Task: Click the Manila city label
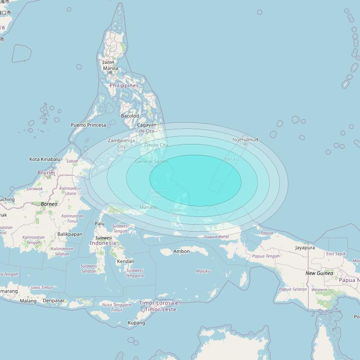coord(110,68)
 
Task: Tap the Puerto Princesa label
coord(88,125)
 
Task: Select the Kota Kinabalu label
coord(45,159)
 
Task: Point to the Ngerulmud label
coord(245,140)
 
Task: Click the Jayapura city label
coord(305,248)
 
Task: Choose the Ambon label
coord(181,251)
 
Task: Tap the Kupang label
coord(136,323)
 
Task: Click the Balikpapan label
coord(70,234)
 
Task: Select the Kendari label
coord(125,261)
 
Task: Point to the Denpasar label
coord(54,301)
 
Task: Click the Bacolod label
coord(130,116)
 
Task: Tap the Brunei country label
coord(46,173)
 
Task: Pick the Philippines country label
coord(124,85)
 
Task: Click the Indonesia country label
coord(103,243)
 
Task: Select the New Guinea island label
coord(319,273)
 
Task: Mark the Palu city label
coord(100,224)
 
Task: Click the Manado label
coord(149,207)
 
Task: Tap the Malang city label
coord(28,301)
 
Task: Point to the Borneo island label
coord(49,204)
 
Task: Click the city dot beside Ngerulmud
coord(245,144)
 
